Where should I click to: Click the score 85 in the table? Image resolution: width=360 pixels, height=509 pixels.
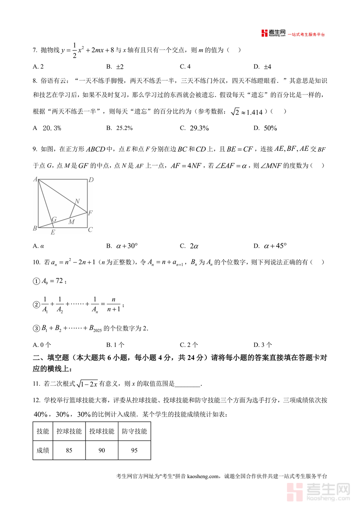pyautogui.click(x=69, y=451)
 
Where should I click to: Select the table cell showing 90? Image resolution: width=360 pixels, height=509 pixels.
pyautogui.click(x=102, y=451)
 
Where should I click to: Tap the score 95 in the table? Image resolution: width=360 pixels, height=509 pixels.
pyautogui.click(x=134, y=451)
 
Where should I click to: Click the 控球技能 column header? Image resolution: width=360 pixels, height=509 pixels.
pyautogui.click(x=69, y=431)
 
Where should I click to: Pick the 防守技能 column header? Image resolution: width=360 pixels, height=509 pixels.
pyautogui.click(x=134, y=431)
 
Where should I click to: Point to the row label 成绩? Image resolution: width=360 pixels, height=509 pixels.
pyautogui.click(x=43, y=451)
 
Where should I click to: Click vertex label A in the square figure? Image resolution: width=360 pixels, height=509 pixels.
pyautogui.click(x=36, y=179)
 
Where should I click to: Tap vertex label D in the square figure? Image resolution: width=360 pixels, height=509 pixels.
pyautogui.click(x=91, y=180)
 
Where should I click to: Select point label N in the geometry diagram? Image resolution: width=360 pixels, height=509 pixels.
pyautogui.click(x=77, y=201)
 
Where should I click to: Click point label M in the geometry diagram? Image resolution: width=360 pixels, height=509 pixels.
pyautogui.click(x=71, y=221)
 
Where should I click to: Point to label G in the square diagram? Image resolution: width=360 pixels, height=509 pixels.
pyautogui.click(x=54, y=219)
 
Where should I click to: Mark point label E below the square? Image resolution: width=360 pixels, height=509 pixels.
pyautogui.click(x=53, y=232)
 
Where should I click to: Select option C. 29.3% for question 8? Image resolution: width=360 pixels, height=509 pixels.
pyautogui.click(x=194, y=128)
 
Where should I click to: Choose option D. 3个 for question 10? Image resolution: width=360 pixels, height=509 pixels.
pyautogui.click(x=263, y=345)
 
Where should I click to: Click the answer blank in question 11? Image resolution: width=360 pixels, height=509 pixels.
pyautogui.click(x=188, y=384)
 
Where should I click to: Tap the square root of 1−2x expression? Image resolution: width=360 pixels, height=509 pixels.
pyautogui.click(x=88, y=384)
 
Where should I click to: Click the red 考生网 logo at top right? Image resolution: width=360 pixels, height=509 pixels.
pyautogui.click(x=274, y=33)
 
